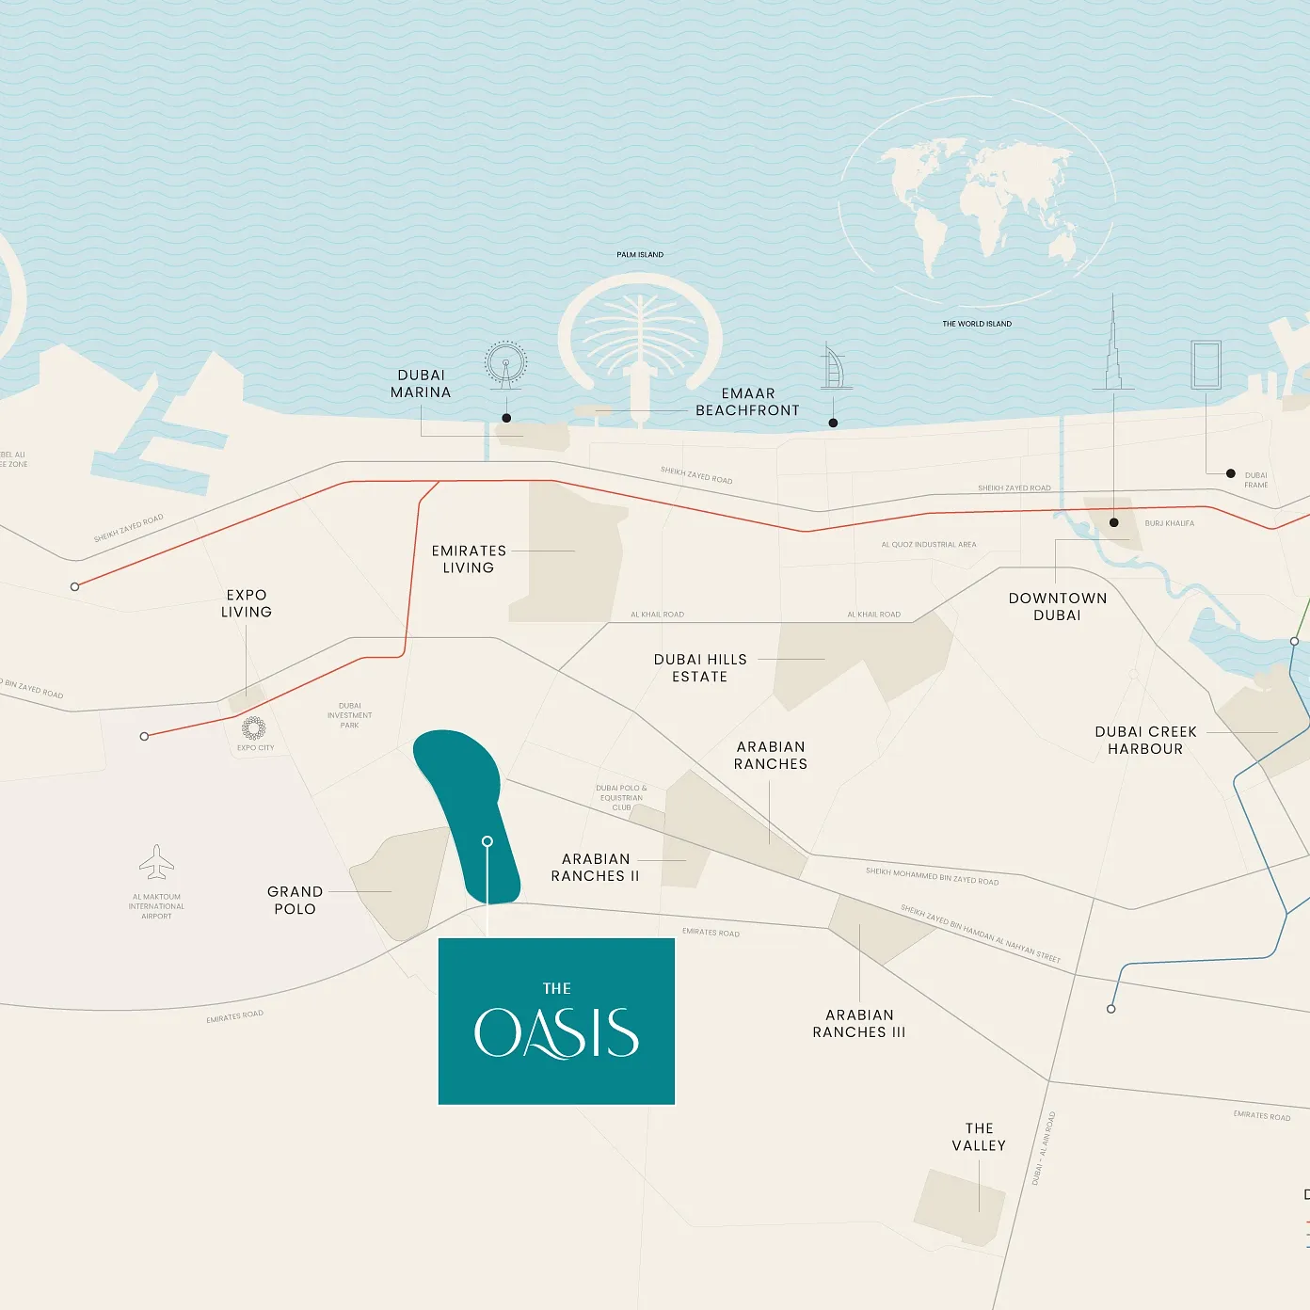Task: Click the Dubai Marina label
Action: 421,384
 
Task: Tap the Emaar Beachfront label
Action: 747,402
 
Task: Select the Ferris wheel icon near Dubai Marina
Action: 505,364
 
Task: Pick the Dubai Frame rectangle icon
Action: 1206,365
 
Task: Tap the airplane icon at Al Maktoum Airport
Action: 156,862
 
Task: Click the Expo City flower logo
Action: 254,728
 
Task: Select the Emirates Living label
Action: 469,559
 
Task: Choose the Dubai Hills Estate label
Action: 700,668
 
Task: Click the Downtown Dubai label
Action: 1058,607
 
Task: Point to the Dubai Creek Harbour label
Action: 1145,741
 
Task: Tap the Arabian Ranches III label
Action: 859,1024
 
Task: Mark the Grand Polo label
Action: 295,901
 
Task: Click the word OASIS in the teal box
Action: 556,1033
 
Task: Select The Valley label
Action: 979,1137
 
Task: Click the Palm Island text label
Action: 640,255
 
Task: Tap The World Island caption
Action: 977,324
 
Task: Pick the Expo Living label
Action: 247,603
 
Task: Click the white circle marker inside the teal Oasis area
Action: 487,841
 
